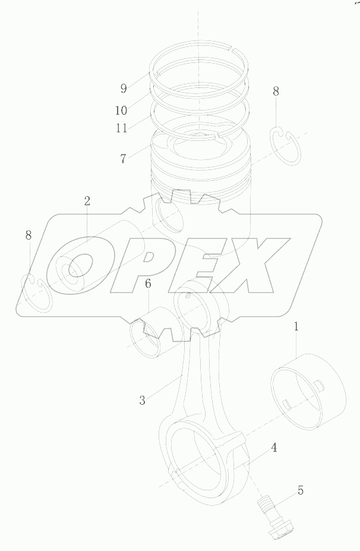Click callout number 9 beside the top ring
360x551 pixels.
pos(124,89)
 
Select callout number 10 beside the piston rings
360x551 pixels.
pos(121,110)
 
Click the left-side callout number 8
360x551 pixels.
pos(29,235)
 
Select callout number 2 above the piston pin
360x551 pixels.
pos(87,201)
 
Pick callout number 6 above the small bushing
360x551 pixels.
pos(148,284)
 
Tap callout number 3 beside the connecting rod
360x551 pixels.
pos(142,400)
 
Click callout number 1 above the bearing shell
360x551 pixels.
pos(296,326)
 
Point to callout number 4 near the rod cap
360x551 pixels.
pos(274,447)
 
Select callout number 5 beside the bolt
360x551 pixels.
pos(300,490)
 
